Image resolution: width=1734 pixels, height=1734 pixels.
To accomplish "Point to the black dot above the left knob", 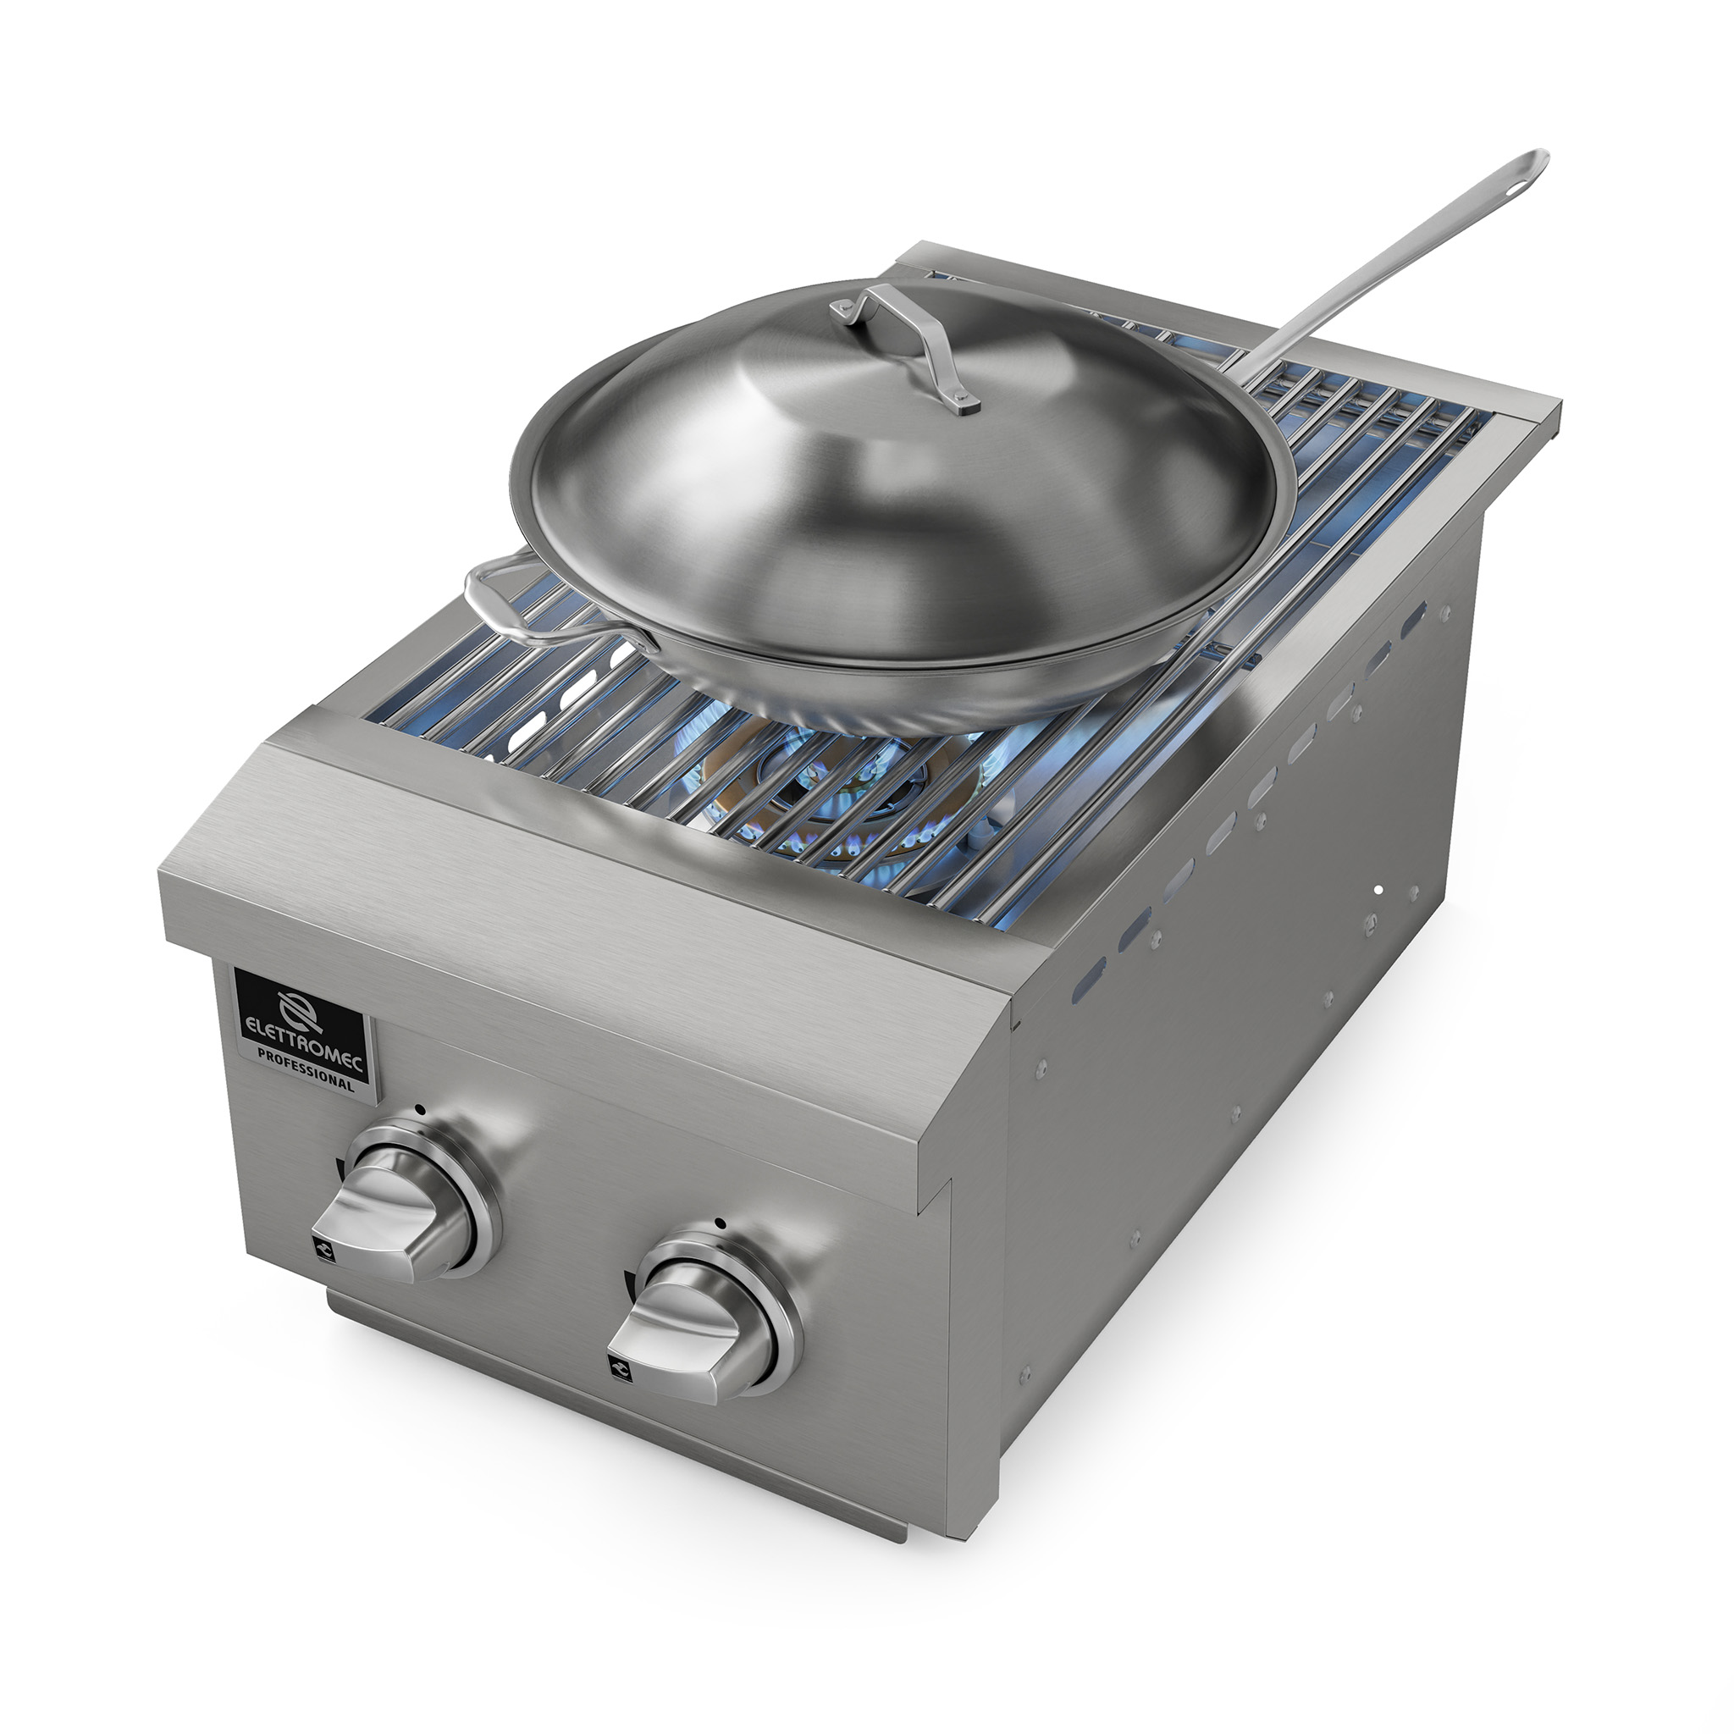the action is click(x=419, y=1110).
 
